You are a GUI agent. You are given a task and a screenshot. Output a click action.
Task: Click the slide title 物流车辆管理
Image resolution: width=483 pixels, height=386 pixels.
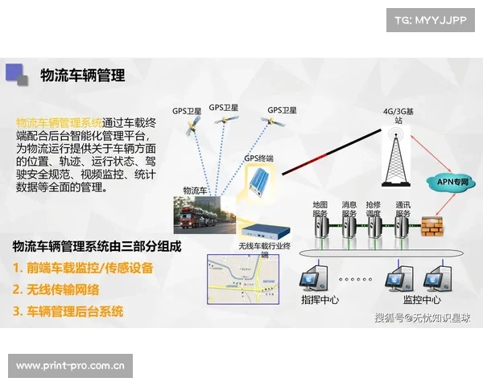pyautogui.click(x=82, y=76)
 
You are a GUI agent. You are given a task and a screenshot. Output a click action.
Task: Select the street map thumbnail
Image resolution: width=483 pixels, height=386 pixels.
pyautogui.click(x=242, y=277)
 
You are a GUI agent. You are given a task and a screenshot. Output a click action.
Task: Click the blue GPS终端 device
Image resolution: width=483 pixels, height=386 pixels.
pyautogui.click(x=260, y=183)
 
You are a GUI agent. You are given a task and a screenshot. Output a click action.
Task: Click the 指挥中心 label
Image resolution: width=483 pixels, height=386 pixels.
pyautogui.click(x=320, y=300)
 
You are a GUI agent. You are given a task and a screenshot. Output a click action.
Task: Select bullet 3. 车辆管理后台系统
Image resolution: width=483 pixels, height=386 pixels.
pyautogui.click(x=68, y=311)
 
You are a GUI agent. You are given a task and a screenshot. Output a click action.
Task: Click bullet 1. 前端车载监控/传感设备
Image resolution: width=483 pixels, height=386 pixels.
pyautogui.click(x=83, y=268)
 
